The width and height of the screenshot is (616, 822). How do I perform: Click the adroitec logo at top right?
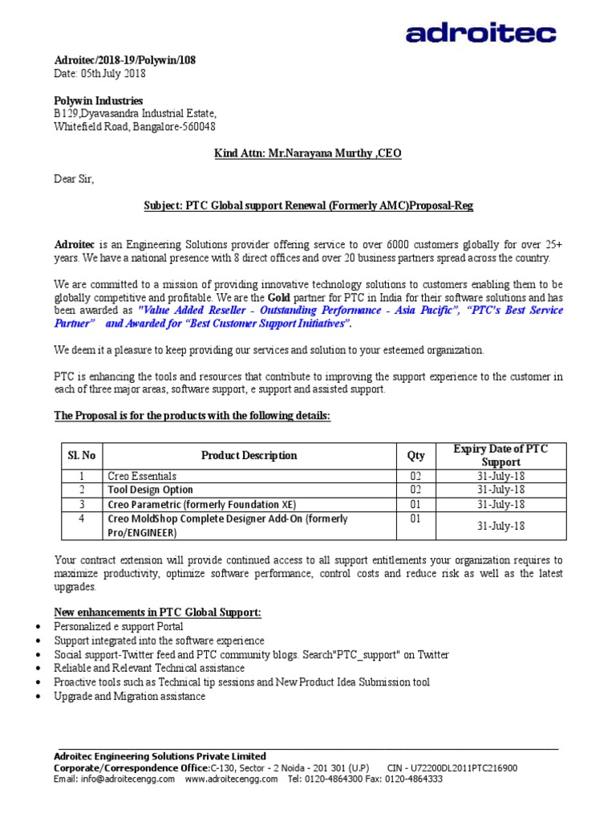tap(480, 33)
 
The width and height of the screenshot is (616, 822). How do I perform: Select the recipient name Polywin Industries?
tap(99, 101)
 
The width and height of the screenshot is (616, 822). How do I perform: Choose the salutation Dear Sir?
tap(74, 180)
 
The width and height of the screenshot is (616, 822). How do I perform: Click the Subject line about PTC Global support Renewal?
tap(308, 206)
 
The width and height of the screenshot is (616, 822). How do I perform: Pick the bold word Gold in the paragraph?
tap(278, 297)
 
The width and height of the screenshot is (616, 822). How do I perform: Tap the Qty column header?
tap(415, 455)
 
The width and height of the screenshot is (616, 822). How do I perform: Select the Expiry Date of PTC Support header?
tap(500, 455)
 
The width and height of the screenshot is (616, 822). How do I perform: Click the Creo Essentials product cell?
tap(141, 476)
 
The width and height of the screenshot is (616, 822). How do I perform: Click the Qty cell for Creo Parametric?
tap(415, 504)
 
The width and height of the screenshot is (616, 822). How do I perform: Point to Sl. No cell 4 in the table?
tap(81, 519)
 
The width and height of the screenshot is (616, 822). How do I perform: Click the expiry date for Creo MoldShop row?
tap(500, 526)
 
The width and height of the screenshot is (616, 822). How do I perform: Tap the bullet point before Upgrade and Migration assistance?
tap(40, 697)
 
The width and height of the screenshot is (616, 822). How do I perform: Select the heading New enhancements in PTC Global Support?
tap(157, 612)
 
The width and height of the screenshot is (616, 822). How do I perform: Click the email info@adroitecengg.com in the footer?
tap(114, 779)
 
